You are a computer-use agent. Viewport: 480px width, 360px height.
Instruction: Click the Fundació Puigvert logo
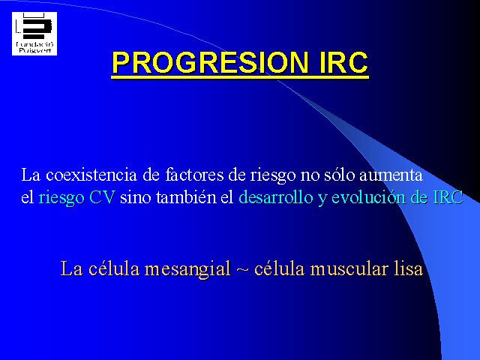pos(34,34)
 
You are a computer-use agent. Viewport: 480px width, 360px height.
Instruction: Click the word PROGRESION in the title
pos(211,63)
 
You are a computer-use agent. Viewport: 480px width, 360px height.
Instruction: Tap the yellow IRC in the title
pos(343,63)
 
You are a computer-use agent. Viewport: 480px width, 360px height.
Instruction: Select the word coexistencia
pos(91,175)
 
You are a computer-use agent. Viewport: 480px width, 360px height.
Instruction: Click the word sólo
pos(340,175)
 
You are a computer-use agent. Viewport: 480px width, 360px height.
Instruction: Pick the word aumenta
pos(391,175)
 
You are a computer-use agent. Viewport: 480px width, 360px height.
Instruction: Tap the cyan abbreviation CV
pos(102,197)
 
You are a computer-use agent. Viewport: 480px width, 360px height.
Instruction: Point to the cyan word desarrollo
pos(276,197)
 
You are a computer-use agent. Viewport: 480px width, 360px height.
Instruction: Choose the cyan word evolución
pos(369,197)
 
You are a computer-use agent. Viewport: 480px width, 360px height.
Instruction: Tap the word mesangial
pos(187,269)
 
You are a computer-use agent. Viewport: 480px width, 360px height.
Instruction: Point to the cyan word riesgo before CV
pos(61,198)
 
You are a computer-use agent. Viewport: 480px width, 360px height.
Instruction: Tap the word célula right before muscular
pos(280,269)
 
